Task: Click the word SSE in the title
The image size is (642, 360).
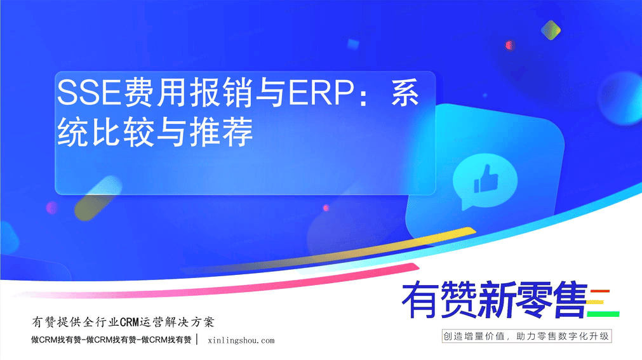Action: point(90,93)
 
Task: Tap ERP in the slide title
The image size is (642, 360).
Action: point(321,93)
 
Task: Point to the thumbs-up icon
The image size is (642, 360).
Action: point(486,179)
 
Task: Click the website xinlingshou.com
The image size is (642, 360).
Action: point(241,340)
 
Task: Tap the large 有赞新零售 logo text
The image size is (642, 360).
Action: point(495,300)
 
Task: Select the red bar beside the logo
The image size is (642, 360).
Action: point(600,291)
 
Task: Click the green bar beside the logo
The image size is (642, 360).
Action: point(603,314)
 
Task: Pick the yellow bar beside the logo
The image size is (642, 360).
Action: point(596,303)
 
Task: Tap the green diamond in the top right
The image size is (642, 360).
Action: point(551,30)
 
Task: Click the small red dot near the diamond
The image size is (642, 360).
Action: point(509,45)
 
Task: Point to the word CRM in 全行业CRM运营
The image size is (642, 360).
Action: point(130,323)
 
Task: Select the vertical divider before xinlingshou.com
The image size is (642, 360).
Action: point(197,339)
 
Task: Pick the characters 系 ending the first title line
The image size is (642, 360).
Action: point(405,93)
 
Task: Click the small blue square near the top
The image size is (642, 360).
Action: point(353,44)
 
